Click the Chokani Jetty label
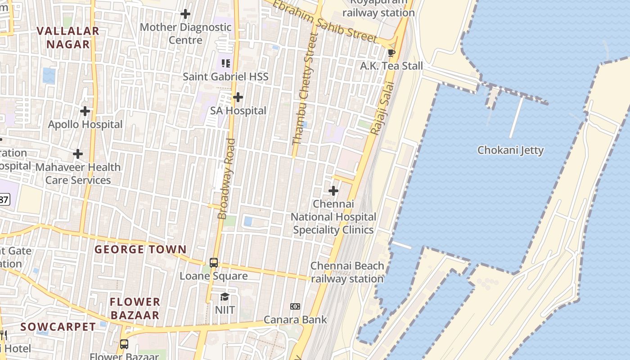(510, 150)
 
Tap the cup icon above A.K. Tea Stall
(391, 53)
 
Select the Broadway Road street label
(227, 179)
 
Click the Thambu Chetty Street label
(305, 89)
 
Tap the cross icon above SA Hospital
(238, 97)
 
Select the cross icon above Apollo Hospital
(85, 111)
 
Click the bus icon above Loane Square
(214, 262)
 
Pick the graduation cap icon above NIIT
(225, 297)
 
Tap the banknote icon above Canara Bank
(295, 306)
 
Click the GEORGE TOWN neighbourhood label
(140, 249)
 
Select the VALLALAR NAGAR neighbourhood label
(68, 38)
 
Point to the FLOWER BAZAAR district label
(135, 308)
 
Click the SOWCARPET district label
(58, 327)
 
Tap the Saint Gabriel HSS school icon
(226, 63)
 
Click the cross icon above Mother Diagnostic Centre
(185, 14)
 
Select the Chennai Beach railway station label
(347, 272)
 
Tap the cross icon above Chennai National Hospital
(333, 191)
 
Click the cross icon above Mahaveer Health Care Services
(78, 154)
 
